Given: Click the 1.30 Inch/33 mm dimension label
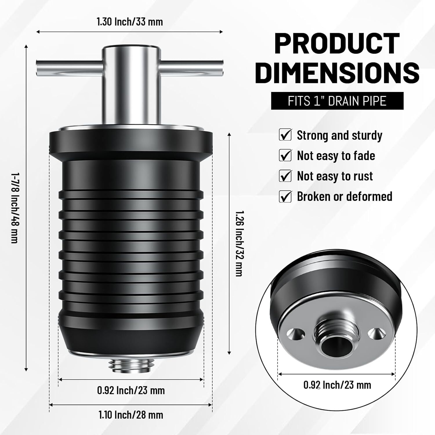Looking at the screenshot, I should click(130, 22).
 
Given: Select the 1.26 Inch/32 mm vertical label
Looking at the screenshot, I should click(239, 243).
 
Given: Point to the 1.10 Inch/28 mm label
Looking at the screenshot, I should click(131, 415).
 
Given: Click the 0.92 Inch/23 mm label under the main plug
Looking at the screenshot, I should click(131, 390).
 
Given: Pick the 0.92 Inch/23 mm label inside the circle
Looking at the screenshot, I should click(337, 385).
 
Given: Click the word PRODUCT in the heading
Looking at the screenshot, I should click(337, 43).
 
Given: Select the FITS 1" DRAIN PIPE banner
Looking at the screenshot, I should click(337, 101).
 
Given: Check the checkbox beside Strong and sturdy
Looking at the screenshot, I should click(285, 135).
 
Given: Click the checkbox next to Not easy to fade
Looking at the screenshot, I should click(285, 155).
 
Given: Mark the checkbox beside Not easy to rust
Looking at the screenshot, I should click(285, 176).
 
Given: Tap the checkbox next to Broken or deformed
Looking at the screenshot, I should click(285, 197).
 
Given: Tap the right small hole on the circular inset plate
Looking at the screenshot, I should click(374, 334).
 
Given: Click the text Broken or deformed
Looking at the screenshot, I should click(345, 197).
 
